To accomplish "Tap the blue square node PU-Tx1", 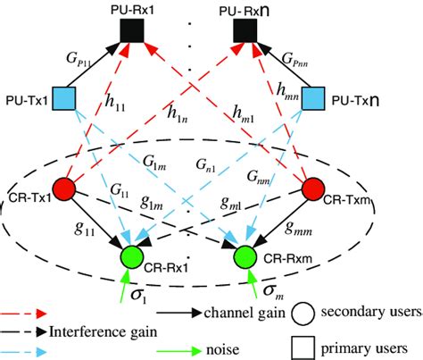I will point(62,97).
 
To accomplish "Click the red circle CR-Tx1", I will point(62,190).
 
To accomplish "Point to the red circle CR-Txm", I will point(314,190).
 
